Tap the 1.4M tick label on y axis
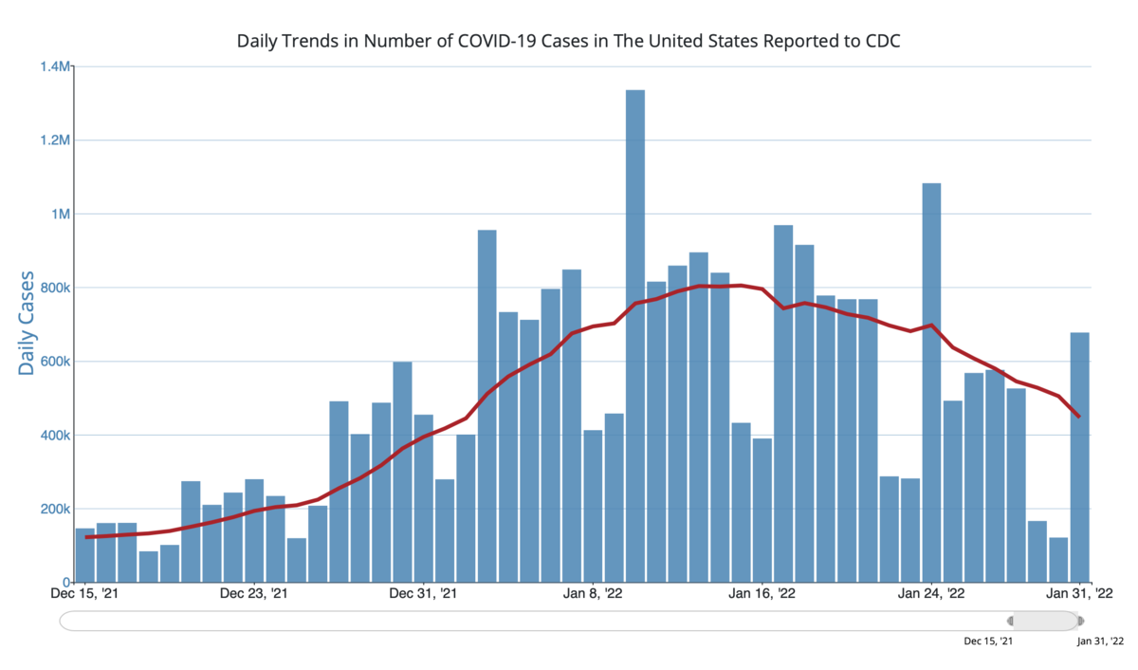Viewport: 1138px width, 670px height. pos(54,66)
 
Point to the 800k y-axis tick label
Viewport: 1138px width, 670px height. pos(53,288)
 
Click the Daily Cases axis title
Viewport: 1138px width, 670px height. pos(27,323)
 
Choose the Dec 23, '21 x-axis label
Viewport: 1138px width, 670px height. pos(254,595)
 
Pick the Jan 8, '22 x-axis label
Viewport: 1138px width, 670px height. pos(593,595)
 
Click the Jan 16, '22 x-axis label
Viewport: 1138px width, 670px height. pos(762,595)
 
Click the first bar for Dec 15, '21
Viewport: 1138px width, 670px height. pos(85,555)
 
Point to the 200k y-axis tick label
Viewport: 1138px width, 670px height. pos(53,510)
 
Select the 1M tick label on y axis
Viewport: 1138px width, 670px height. pos(59,214)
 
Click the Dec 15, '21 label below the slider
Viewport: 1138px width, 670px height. pos(988,642)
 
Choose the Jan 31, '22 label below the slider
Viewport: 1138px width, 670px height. pos(1100,642)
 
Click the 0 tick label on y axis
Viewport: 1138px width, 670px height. pos(66,583)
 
